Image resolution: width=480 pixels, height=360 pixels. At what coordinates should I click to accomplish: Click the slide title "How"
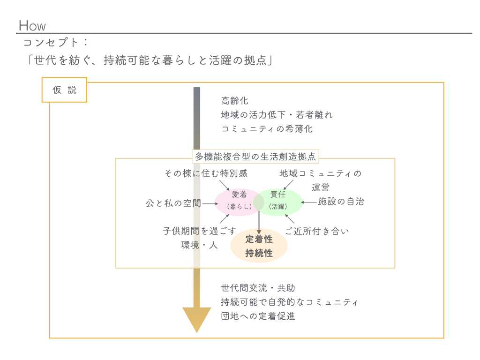coord(32,25)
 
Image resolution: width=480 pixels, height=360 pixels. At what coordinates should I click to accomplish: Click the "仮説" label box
coord(65,90)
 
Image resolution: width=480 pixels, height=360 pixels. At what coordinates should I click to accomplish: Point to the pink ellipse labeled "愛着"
coord(237,202)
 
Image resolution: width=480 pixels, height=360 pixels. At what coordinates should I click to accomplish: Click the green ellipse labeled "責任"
coord(281,202)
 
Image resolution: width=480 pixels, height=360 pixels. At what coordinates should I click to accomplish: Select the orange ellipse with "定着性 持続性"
coord(259,247)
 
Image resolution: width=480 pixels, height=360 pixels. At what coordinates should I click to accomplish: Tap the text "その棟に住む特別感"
coord(206,173)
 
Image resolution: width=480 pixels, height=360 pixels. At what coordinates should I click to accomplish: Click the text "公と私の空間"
coord(173,203)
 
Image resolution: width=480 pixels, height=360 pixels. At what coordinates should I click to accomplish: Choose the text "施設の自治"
coord(341,202)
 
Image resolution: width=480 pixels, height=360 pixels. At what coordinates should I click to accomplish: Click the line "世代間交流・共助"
coord(258,288)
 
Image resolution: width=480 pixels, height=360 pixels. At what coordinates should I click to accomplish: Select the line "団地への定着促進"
coord(258,316)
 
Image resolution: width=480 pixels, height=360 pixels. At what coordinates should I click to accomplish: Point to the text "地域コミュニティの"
coord(321,173)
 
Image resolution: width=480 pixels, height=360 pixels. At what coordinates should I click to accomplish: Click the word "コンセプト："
coord(56,42)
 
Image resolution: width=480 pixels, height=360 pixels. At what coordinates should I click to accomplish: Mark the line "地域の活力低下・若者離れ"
coord(277,115)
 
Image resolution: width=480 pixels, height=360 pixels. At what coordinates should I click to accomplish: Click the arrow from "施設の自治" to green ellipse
coord(309,202)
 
